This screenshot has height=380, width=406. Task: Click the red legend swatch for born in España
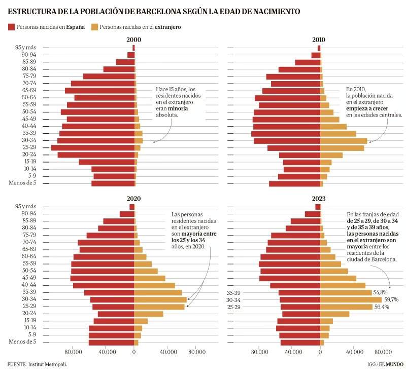pyautogui.click(x=11, y=26)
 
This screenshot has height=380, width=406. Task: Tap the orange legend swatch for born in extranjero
pyautogui.click(x=95, y=26)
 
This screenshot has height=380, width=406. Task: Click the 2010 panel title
pyautogui.click(x=319, y=40)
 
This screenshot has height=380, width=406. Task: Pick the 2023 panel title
pyautogui.click(x=319, y=198)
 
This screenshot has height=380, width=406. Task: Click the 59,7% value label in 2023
pyautogui.click(x=391, y=300)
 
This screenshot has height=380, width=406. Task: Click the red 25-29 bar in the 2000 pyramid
pyautogui.click(x=93, y=147)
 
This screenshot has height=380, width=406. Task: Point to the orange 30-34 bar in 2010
pyautogui.click(x=344, y=141)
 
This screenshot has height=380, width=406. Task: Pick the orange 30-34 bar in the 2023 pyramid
pyautogui.click(x=351, y=300)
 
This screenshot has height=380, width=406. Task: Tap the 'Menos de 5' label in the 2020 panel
pyautogui.click(x=22, y=342)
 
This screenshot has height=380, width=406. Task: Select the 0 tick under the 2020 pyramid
pyautogui.click(x=134, y=353)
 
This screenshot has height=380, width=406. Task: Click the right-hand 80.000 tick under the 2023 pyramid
pyautogui.click(x=382, y=353)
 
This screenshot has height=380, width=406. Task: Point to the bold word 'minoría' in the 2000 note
pyautogui.click(x=179, y=108)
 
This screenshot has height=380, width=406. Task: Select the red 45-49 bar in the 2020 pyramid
pyautogui.click(x=102, y=278)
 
